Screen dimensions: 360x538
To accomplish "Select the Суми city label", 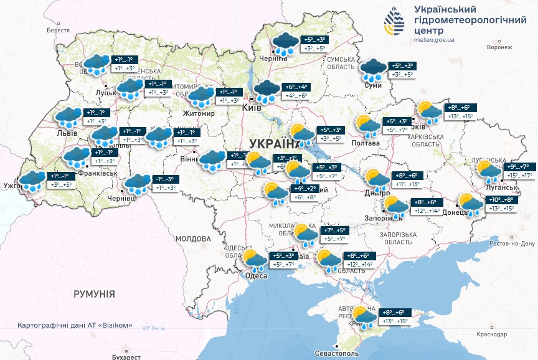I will point(372,85).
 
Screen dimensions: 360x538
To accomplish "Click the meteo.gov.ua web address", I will point(434,39).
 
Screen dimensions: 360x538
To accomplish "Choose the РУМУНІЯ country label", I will point(94,293).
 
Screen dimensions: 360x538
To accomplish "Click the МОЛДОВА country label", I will point(193,239).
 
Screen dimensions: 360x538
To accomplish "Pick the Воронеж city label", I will point(499,47).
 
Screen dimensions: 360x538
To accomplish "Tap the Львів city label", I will point(67,133).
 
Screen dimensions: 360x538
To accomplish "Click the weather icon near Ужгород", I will point(32,181).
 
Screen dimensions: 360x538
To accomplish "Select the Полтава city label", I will point(366,143).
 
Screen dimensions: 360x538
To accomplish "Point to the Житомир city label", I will point(199,114).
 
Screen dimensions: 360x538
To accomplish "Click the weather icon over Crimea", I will point(365,316).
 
